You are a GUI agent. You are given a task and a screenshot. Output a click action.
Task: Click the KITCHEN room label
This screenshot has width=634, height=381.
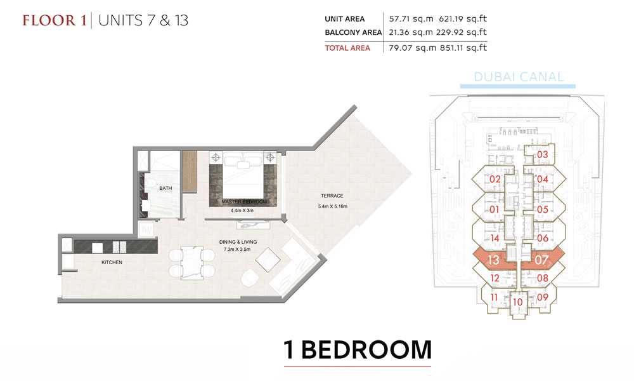pos(112,262)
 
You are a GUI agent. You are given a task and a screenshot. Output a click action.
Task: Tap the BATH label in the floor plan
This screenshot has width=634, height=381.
pos(165,188)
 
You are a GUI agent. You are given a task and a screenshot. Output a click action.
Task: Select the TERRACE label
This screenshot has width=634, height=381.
pos(332,196)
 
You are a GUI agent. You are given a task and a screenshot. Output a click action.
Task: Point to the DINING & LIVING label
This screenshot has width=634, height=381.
pos(238,242)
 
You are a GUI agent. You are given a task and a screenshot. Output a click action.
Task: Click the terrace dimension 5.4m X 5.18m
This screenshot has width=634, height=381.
pos(332,206)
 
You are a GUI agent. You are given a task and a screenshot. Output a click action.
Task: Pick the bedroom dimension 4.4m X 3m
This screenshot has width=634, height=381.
pos(242,211)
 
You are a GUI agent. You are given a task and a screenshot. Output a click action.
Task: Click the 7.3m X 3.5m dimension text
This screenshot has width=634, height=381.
pos(237,250)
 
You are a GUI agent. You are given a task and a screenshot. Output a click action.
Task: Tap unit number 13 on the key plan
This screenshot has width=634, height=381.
pos(493,260)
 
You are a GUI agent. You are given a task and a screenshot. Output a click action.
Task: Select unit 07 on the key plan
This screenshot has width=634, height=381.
pos(541,260)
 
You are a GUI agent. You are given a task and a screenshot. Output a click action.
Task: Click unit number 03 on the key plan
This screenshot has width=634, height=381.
pos(542,154)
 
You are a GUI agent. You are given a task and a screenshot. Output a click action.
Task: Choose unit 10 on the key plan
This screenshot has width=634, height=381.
pos(517,302)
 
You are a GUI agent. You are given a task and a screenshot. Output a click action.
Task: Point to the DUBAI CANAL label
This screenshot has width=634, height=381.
pos(519,77)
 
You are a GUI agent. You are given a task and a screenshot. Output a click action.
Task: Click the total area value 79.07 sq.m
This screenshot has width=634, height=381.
pos(413,48)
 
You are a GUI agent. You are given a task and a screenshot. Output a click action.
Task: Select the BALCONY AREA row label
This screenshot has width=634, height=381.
pos(353,32)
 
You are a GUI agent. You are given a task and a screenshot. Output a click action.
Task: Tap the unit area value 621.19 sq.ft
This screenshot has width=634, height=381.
pos(463,18)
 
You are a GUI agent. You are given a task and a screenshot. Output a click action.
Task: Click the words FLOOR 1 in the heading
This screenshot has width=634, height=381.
pos(55,20)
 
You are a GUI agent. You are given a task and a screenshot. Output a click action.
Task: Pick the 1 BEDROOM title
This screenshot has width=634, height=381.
pos(358,350)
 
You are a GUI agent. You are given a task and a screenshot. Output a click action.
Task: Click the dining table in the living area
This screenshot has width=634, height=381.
pos(191,263)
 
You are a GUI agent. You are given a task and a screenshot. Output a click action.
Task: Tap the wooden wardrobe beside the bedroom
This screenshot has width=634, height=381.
pos(189,171)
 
